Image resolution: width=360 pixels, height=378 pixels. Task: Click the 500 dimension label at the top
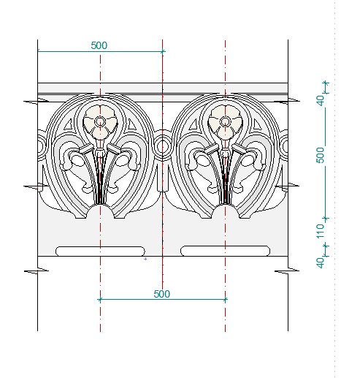99,45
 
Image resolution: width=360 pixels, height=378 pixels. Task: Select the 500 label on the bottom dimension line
162,294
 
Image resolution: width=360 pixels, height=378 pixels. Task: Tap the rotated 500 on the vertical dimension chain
321,155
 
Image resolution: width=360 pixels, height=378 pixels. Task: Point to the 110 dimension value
321,231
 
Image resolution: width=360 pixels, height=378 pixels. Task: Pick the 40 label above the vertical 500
321,100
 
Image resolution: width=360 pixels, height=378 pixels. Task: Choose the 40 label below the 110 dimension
321,262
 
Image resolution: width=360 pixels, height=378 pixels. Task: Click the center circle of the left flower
100,121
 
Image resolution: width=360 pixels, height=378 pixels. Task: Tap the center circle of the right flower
225,121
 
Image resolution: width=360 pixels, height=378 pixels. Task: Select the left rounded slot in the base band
100,252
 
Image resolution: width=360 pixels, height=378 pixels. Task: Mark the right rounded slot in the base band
225,252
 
